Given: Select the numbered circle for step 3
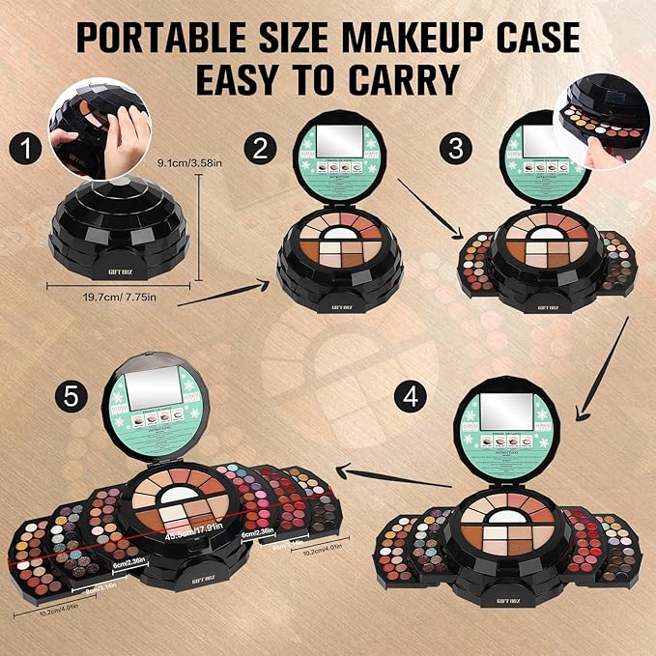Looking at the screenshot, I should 453,148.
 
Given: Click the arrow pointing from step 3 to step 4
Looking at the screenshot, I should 596,377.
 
